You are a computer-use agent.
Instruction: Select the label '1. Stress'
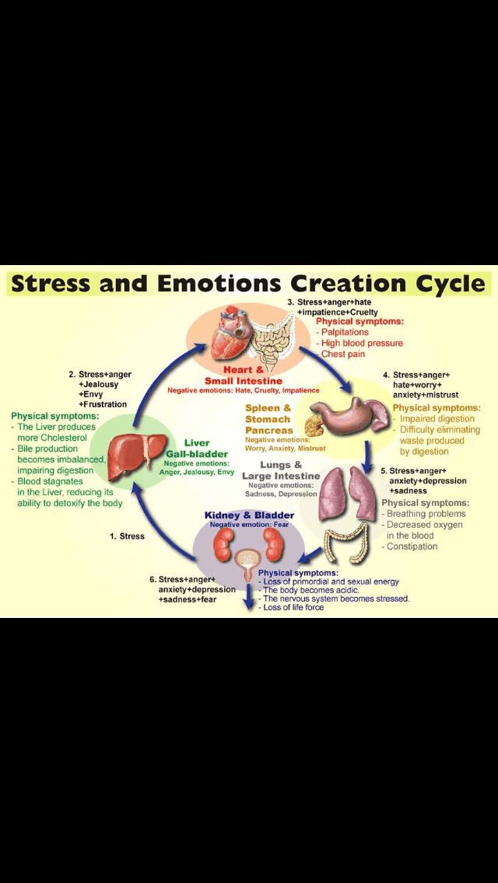[127, 536]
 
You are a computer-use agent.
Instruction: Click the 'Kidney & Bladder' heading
[249, 515]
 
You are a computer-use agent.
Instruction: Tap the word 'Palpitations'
[345, 332]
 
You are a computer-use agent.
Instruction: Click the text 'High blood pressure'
[362, 343]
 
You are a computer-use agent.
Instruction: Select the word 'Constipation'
[412, 546]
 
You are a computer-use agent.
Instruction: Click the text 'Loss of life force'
[294, 608]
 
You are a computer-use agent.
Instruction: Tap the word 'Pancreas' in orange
[268, 430]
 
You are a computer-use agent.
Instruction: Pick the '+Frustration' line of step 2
[102, 404]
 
